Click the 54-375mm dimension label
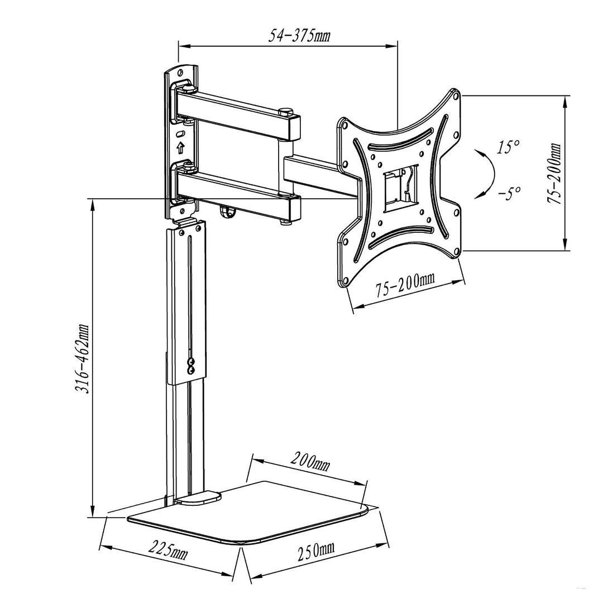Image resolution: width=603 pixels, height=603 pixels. tap(300, 36)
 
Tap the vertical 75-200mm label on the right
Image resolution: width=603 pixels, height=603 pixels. tap(555, 174)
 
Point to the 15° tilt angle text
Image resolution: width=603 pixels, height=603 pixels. tap(508, 147)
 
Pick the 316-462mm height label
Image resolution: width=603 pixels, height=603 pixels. tap(83, 359)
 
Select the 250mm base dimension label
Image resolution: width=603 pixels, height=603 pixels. tap(315, 552)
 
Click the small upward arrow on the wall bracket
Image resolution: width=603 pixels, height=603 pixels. tap(180, 148)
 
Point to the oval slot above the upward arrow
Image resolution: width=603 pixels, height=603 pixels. tap(180, 135)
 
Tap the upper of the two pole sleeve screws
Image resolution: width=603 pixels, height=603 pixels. tap(192, 362)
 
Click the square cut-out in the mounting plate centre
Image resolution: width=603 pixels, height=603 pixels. tap(399, 186)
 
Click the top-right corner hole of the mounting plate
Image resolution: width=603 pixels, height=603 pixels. tap(457, 95)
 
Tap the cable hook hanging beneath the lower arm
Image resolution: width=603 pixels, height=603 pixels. tap(226, 212)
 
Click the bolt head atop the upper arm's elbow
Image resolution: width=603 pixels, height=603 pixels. tap(287, 110)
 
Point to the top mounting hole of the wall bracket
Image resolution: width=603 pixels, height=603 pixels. tap(180, 73)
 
